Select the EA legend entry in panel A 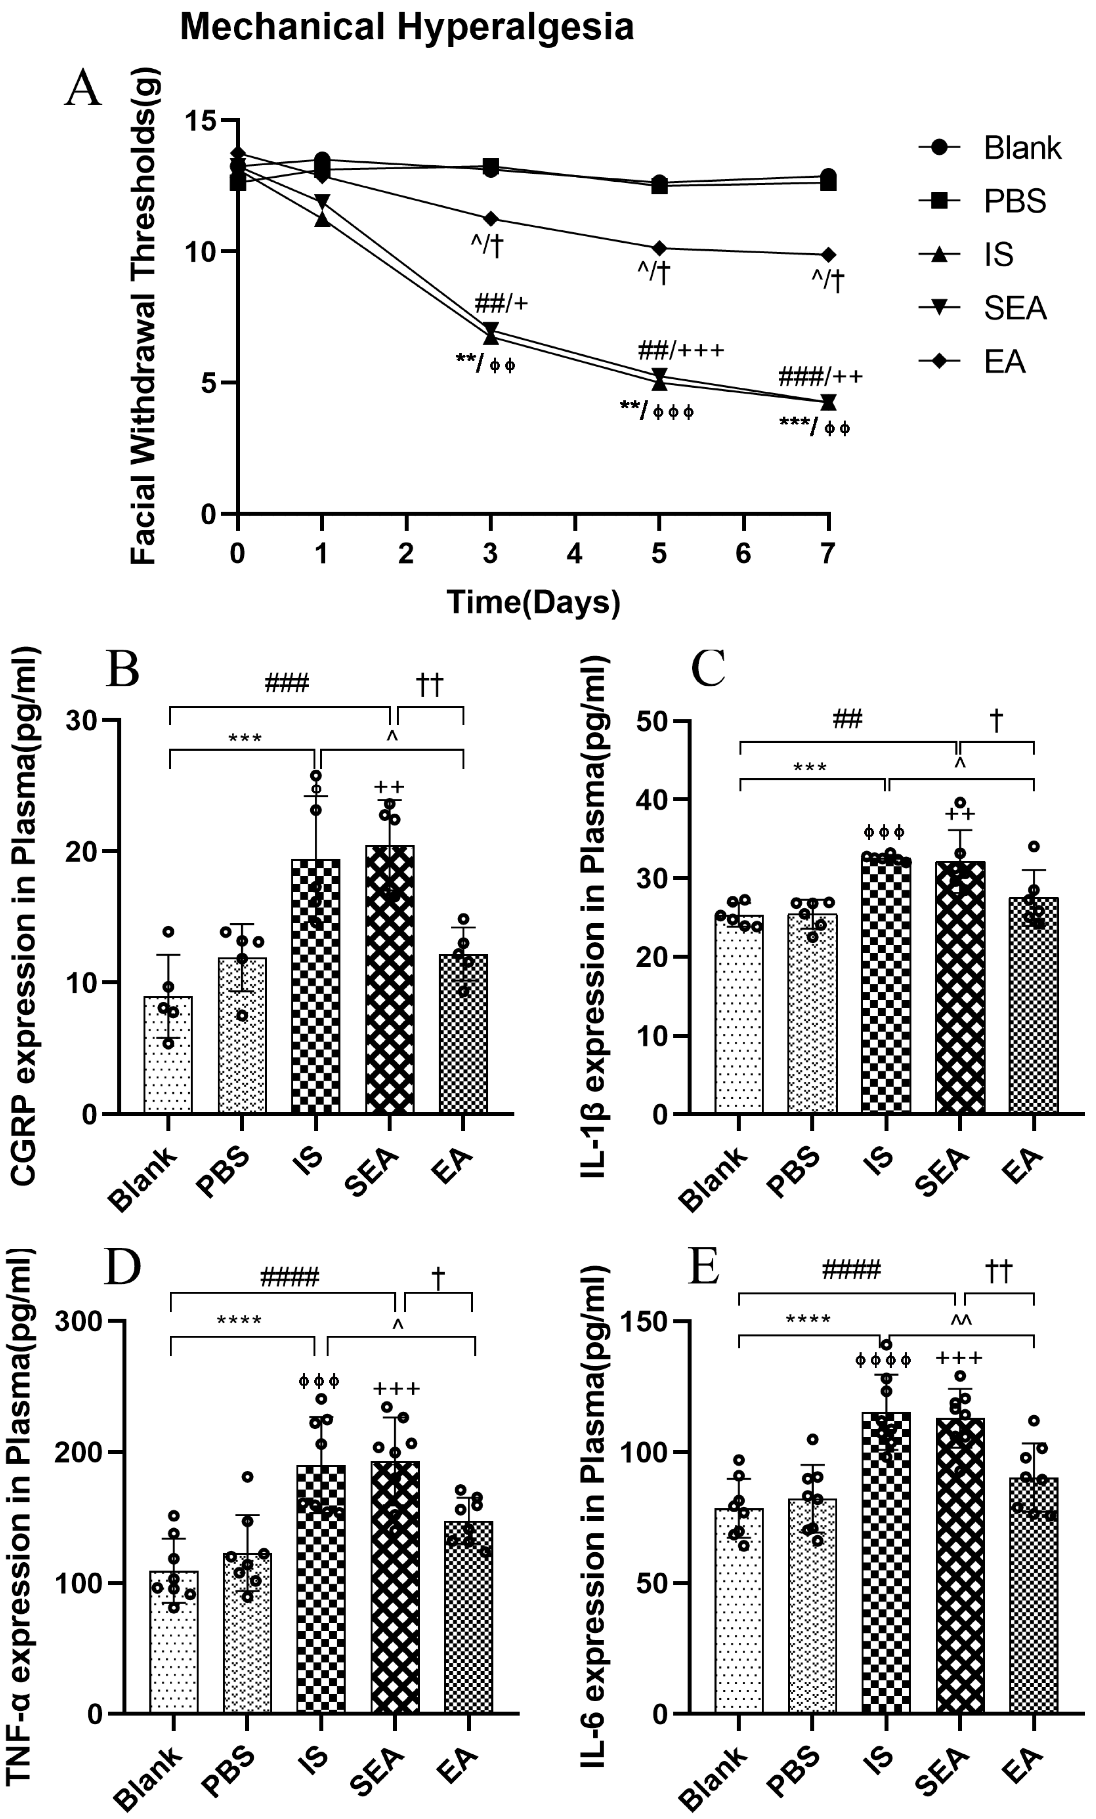tap(1004, 362)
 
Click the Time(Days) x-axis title tap(533, 602)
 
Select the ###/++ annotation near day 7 tap(820, 376)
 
